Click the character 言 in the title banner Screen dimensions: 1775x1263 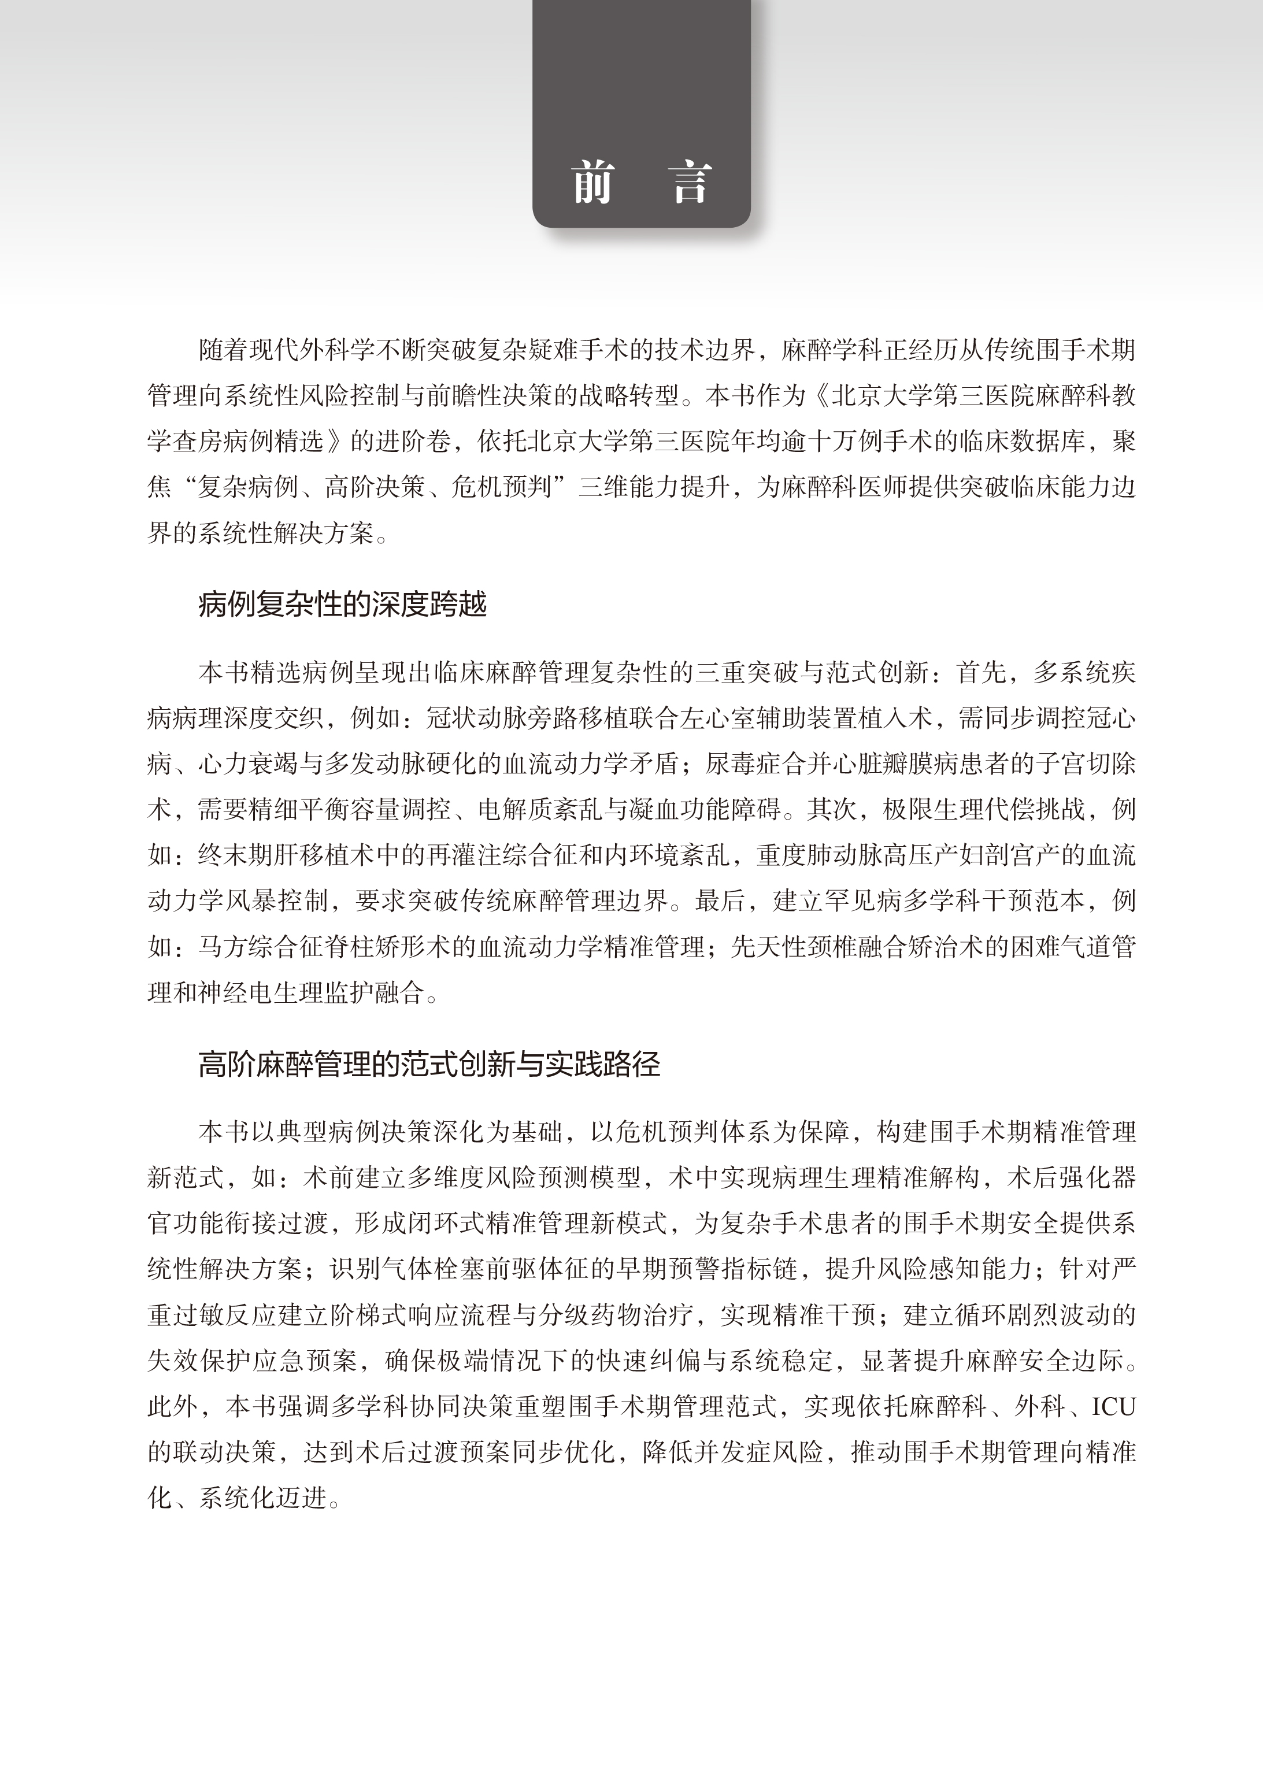pyautogui.click(x=691, y=183)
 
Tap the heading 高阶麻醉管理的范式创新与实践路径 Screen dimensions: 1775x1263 pyautogui.click(x=429, y=1063)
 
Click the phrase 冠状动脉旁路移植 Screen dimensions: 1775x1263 pyautogui.click(x=528, y=718)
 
